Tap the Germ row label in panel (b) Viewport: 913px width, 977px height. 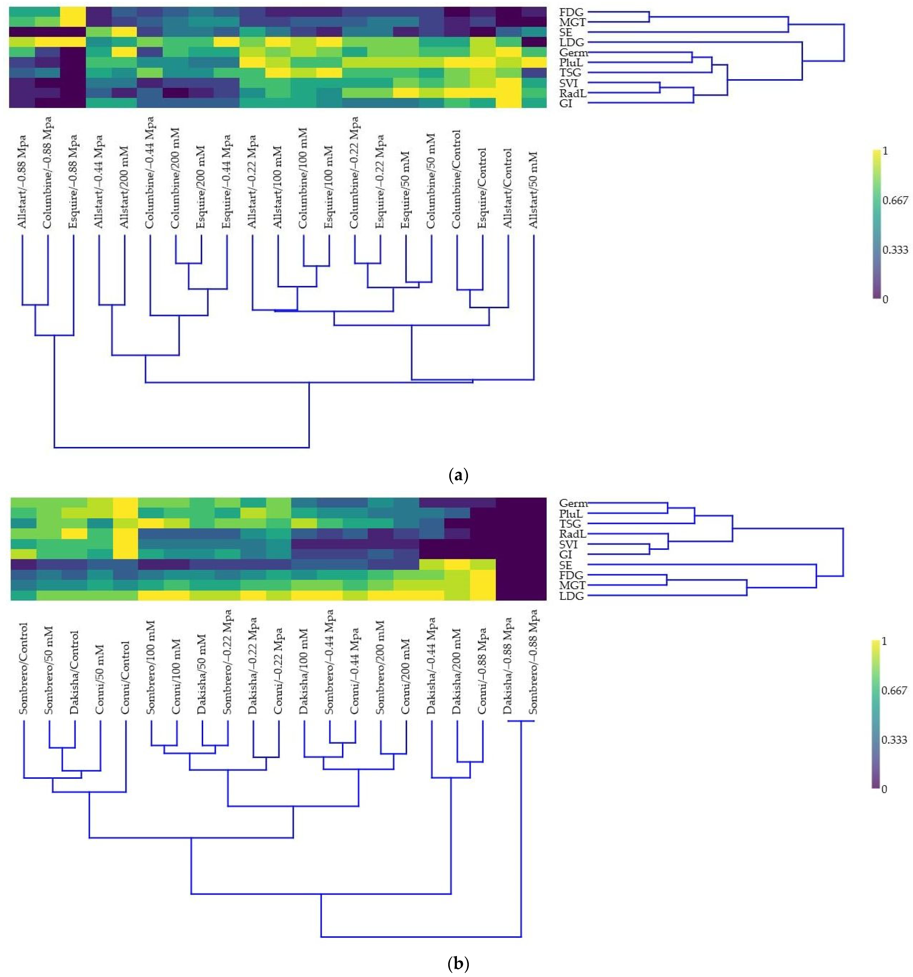tap(573, 503)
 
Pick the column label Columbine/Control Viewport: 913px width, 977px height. tap(456, 179)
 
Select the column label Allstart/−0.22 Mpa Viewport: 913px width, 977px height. tap(252, 182)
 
